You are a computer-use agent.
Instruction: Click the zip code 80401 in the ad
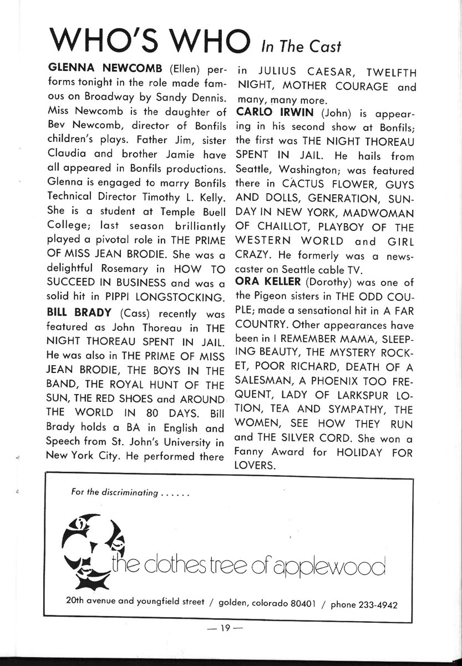click(302, 604)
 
